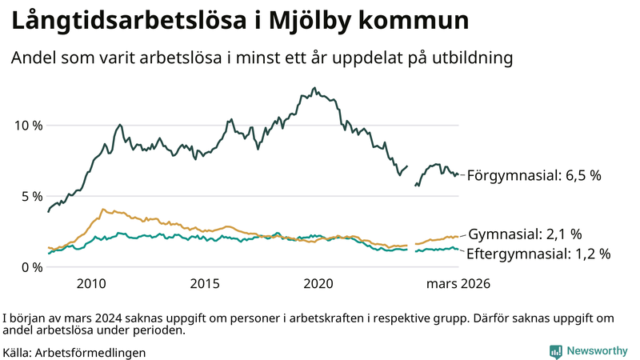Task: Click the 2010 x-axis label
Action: point(90,283)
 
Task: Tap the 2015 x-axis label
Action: point(205,283)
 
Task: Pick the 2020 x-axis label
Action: point(319,283)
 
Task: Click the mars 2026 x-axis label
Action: point(458,283)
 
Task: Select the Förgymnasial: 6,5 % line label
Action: point(534,175)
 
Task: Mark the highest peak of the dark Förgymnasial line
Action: point(314,88)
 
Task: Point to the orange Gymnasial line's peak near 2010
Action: point(102,209)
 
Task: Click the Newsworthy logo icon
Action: point(555,351)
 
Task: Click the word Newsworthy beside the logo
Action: point(597,351)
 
